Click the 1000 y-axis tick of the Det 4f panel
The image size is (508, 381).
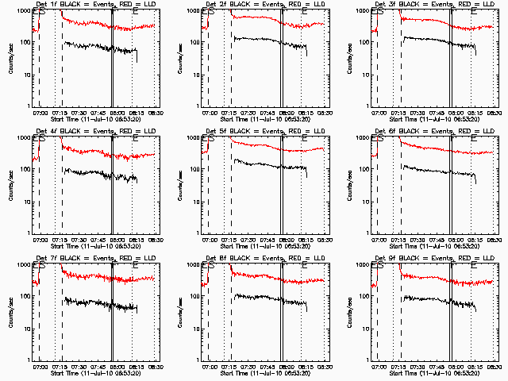click(x=23, y=138)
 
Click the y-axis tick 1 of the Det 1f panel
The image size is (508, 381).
click(x=29, y=105)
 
